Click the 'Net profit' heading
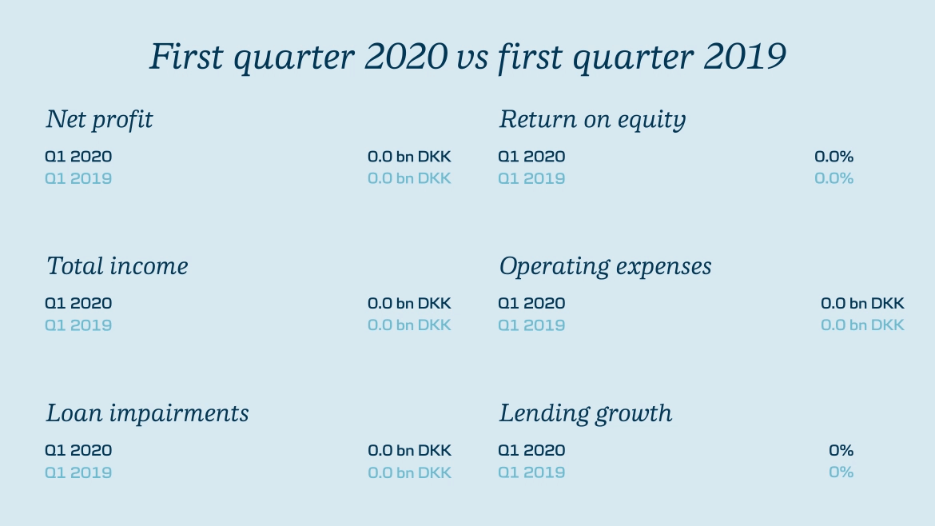[99, 120]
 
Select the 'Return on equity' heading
[592, 120]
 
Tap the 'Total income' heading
[117, 266]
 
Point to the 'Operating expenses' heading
[605, 266]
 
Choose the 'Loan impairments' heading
[147, 413]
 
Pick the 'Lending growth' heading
[586, 413]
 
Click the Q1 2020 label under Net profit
[78, 157]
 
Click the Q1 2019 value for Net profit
[409, 178]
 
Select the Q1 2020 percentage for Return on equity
[834, 157]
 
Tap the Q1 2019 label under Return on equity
[531, 178]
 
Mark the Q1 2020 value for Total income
[409, 304]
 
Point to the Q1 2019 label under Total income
[78, 325]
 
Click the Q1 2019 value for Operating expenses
[862, 325]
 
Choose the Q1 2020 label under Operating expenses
[531, 304]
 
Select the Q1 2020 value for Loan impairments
[409, 450]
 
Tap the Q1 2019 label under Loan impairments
[78, 472]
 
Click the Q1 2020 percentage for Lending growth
[841, 450]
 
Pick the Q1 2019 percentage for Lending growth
[841, 472]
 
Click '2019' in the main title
[745, 58]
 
